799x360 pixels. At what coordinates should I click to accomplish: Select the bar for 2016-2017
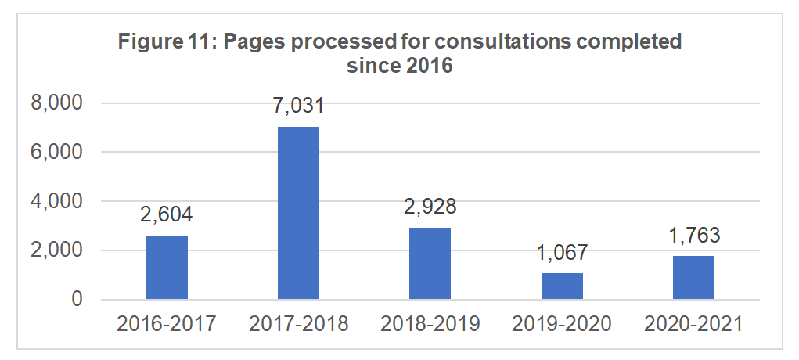pyautogui.click(x=167, y=267)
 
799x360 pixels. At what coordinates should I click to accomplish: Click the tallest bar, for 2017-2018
pyautogui.click(x=298, y=213)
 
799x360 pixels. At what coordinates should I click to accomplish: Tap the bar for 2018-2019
pyautogui.click(x=430, y=263)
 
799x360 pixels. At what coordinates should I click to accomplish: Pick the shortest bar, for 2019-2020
pyautogui.click(x=562, y=286)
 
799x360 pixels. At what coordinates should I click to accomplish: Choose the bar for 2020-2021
pyautogui.click(x=693, y=277)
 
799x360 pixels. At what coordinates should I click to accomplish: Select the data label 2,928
pyautogui.click(x=430, y=208)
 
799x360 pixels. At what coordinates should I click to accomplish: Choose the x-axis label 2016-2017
pyautogui.click(x=167, y=323)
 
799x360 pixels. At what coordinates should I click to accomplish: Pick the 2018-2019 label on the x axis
pyautogui.click(x=430, y=323)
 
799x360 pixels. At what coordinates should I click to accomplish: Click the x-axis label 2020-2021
pyautogui.click(x=693, y=323)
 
